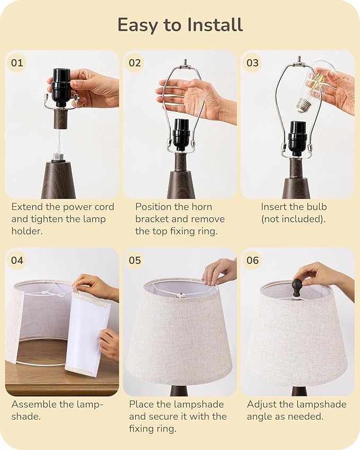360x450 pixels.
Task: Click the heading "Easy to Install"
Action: tap(180, 25)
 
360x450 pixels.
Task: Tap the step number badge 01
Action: tap(17, 63)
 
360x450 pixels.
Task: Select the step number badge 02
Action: tap(135, 63)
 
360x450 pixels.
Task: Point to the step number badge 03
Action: tap(253, 63)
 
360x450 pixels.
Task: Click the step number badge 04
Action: tap(17, 260)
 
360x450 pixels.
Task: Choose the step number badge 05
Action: tap(135, 260)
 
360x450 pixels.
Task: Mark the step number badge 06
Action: tap(253, 260)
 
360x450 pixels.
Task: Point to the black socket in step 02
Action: tap(181, 135)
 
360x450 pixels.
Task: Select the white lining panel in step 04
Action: tap(87, 331)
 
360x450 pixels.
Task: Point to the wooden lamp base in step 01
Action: tap(58, 180)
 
